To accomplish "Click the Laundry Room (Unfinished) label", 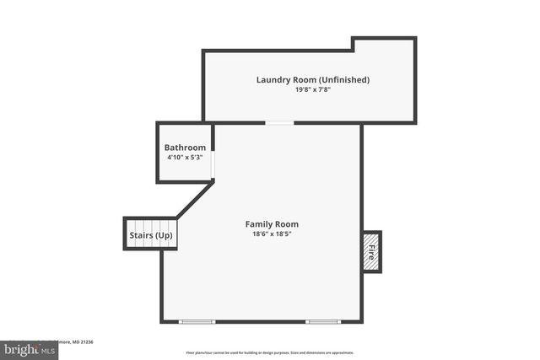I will coord(313,80).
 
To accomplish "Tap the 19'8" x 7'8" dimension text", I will coord(313,91).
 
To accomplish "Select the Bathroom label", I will coord(185,148).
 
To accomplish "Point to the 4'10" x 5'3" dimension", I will coord(185,159).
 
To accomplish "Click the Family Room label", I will coord(272,224).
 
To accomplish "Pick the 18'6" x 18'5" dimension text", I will coord(272,235).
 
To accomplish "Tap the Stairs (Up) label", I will coord(151,235).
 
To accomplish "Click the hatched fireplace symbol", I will coord(371,252).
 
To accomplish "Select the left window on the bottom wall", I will coord(197,321).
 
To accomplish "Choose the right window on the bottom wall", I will coord(323,321).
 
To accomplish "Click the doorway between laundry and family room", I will coord(280,123).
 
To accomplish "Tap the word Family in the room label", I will coord(259,224).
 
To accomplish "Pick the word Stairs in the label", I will coord(141,235).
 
